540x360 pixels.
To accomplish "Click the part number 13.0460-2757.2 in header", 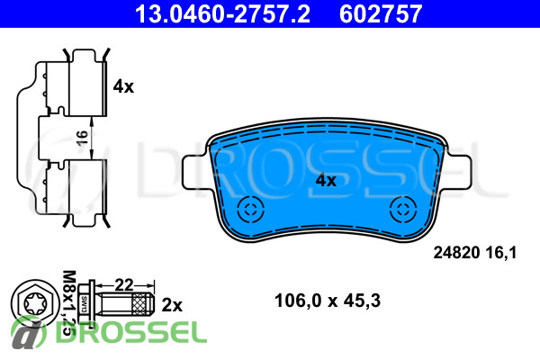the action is point(222,13).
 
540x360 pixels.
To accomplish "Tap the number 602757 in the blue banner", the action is point(381,13).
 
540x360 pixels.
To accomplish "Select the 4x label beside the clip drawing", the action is point(123,86).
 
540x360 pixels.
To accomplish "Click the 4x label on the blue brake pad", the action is point(326,180).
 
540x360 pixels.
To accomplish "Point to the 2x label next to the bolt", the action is point(172,305).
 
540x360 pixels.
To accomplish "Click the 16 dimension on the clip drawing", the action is point(82,138).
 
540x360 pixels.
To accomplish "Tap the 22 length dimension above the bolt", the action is point(124,285).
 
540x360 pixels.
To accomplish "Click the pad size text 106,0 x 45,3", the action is point(328,301).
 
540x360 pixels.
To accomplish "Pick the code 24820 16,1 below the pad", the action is point(475,253).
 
